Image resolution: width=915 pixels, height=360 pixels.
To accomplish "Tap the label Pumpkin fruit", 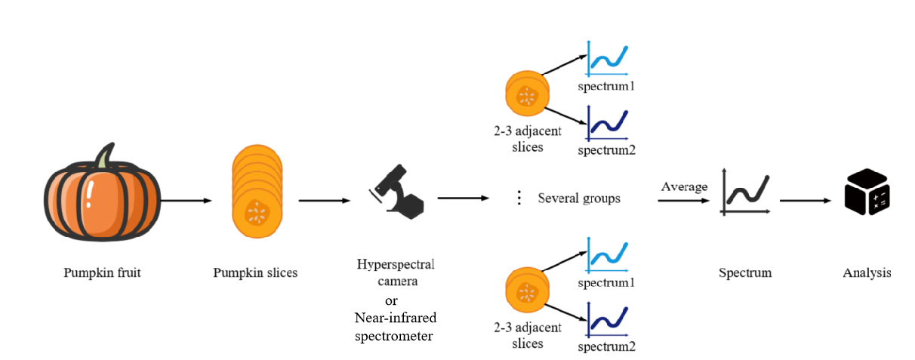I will point(102,272).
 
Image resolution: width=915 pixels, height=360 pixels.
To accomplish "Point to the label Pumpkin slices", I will point(255,272).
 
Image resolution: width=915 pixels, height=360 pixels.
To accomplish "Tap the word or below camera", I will point(392,300).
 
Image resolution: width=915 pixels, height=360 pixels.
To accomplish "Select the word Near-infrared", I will point(396,318).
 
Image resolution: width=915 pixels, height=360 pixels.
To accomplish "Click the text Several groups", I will point(579,198).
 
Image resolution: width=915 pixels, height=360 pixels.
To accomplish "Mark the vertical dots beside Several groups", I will point(519,198).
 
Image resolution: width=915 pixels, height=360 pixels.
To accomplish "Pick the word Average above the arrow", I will point(684,186).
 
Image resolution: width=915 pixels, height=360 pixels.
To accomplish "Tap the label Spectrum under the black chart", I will point(745,272).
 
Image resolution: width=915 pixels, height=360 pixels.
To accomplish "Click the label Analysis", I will point(867,272).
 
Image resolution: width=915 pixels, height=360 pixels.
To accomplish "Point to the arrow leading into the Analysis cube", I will point(806,201).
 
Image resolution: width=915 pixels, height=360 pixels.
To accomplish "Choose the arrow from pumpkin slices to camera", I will point(325,201).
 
